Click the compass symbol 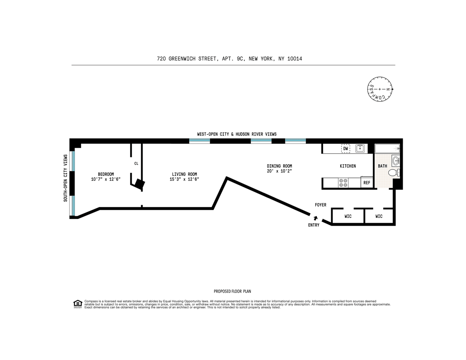pyautogui.click(x=379, y=89)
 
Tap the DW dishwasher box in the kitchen pyautogui.click(x=346, y=149)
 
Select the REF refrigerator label pyautogui.click(x=367, y=183)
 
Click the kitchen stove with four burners pyautogui.click(x=343, y=183)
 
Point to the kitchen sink pyautogui.click(x=360, y=148)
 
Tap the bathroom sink pyautogui.click(x=396, y=161)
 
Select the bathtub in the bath pyautogui.click(x=387, y=148)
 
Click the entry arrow pyautogui.click(x=315, y=218)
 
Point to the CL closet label pyautogui.click(x=136, y=163)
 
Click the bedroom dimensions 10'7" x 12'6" pyautogui.click(x=106, y=179)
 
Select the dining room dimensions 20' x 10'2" pyautogui.click(x=279, y=171)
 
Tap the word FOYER pyautogui.click(x=320, y=205)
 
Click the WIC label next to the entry pyautogui.click(x=348, y=216)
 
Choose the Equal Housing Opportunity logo pyautogui.click(x=78, y=304)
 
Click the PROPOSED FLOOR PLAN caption pyautogui.click(x=232, y=291)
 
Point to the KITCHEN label pyautogui.click(x=348, y=166)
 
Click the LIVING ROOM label pyautogui.click(x=184, y=174)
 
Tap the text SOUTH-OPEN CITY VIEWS pyautogui.click(x=65, y=178)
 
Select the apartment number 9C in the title pyautogui.click(x=240, y=59)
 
